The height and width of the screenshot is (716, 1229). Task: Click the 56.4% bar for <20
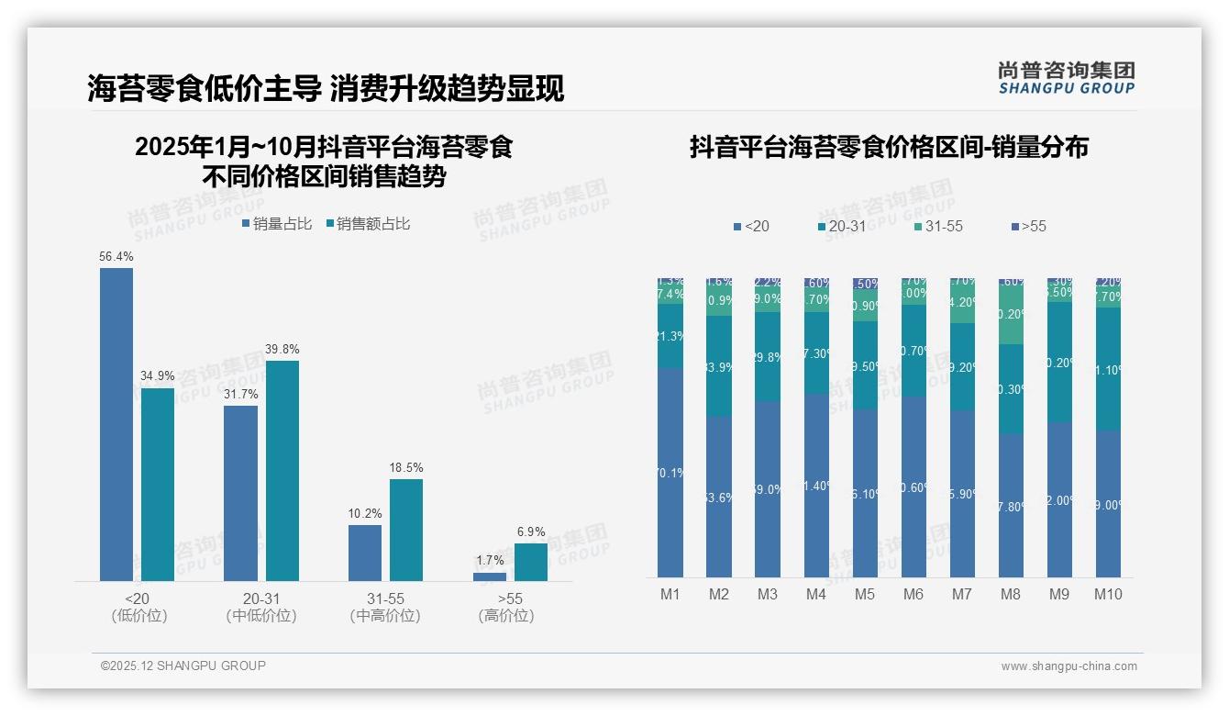coord(116,424)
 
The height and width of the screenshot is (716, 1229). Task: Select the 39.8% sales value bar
coord(282,470)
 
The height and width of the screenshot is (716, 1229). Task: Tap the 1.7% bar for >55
coord(490,576)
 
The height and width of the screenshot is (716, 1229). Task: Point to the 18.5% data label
coord(406,468)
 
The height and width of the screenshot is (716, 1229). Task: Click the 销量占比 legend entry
coord(277,224)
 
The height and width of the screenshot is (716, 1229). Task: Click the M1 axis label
coord(670,595)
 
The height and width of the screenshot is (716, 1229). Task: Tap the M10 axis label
coord(1108,595)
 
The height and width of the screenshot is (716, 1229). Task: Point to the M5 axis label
coord(865,595)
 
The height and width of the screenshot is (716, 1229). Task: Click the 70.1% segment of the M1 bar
coord(670,473)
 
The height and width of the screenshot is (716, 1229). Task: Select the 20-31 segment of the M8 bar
coord(1011,389)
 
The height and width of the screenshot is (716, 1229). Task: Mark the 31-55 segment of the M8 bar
coord(1011,314)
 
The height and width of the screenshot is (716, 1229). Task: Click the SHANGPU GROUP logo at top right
coord(1066,78)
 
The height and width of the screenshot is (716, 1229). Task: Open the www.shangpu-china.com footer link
coord(1068,666)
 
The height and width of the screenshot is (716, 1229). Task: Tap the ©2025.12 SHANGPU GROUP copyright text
coord(183,666)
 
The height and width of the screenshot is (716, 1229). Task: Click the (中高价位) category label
coord(385,616)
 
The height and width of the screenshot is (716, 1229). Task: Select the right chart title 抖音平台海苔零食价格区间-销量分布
coord(889,147)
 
